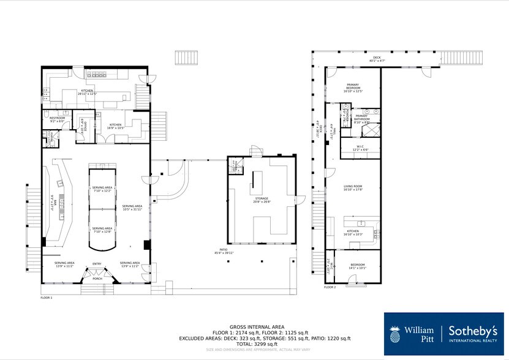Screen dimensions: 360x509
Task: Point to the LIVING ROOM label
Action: pyautogui.click(x=353, y=187)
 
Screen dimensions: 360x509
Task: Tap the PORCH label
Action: pyautogui.click(x=97, y=279)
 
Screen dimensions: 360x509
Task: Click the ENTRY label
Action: pyautogui.click(x=97, y=264)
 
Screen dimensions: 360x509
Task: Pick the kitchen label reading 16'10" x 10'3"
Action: pyautogui.click(x=353, y=232)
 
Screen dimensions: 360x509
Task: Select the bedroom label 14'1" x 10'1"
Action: pyautogui.click(x=357, y=266)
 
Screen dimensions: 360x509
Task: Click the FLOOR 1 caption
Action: pyautogui.click(x=47, y=298)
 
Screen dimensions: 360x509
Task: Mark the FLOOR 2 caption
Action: pyautogui.click(x=330, y=287)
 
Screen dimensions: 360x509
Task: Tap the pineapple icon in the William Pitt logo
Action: pyautogui.click(x=395, y=334)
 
